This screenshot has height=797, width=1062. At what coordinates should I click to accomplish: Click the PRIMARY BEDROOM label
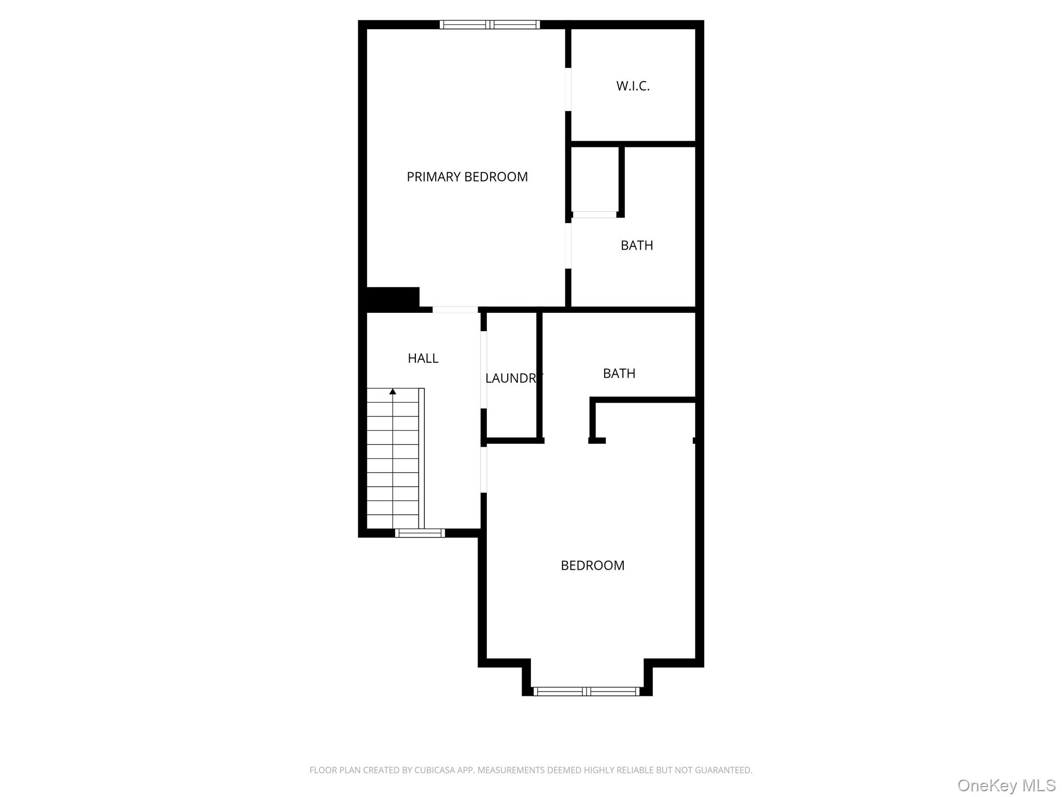pos(467,177)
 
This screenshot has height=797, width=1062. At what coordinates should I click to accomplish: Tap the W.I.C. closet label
pos(633,86)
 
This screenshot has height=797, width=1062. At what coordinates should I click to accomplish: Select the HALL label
pos(423,358)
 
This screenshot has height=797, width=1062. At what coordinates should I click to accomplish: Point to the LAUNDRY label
pos(514,378)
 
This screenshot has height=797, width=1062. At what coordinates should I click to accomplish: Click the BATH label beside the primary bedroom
pos(637,245)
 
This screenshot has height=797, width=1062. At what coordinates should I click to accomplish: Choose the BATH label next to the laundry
pos(619,374)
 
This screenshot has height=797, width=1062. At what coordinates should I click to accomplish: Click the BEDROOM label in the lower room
pos(593,566)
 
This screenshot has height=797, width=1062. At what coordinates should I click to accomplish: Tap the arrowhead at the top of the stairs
pos(393,391)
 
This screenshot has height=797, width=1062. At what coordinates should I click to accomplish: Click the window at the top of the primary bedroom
pos(490,24)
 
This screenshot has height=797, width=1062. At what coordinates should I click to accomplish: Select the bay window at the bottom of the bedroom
pos(586,691)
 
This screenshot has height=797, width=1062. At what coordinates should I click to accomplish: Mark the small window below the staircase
pos(420,533)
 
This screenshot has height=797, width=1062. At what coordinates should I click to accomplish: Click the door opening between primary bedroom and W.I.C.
pos(568,89)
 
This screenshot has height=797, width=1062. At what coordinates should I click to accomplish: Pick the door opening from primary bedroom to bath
pos(568,246)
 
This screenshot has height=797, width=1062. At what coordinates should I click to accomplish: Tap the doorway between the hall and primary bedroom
pos(455,310)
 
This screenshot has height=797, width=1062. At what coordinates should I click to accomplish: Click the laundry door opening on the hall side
pos(484,370)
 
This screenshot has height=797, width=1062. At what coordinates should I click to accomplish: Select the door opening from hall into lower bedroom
pos(484,470)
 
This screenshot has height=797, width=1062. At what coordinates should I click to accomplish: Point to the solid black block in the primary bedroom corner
pos(393,299)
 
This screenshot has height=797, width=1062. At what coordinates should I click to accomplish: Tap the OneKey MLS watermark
pos(1007,786)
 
